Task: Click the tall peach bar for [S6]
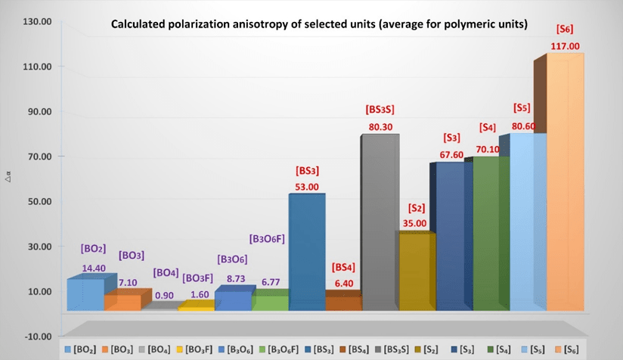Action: tap(564, 189)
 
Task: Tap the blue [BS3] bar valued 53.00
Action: tap(306, 250)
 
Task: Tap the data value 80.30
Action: tap(380, 127)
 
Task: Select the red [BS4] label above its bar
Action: tap(344, 268)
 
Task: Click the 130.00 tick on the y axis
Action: tap(36, 22)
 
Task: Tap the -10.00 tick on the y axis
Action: tap(35, 336)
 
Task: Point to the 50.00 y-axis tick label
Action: tap(36, 201)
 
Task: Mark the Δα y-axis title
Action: tap(8, 179)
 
